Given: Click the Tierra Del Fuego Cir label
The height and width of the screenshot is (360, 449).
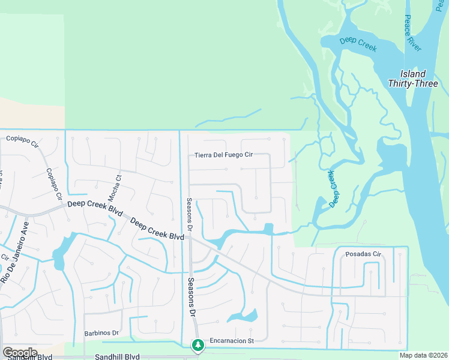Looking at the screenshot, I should coord(224,155).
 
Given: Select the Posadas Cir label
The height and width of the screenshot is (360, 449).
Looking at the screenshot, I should coord(363,254).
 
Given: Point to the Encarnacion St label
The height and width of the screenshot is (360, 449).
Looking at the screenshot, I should coord(232,341).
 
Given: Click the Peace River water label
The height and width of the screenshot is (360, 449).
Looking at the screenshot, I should coord(412,33).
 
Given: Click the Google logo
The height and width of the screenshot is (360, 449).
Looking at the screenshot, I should coord(20,353).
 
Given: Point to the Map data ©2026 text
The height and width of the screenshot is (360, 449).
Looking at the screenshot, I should coord(423,355).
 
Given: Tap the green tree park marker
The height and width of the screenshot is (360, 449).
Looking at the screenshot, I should coord(197,345).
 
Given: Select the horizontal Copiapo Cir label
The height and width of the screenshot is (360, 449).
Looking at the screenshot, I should coord(22,139).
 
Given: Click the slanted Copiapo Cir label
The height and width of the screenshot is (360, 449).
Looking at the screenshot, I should coord(54,183).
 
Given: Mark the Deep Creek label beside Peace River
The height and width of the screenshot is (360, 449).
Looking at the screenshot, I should coord(358,44).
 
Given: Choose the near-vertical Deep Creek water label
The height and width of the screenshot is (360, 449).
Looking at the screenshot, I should coord(332,188).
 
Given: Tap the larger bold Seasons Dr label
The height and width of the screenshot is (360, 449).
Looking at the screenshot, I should coord(191,298).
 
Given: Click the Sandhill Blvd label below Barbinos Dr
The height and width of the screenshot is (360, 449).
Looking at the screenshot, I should coord(117,356).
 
